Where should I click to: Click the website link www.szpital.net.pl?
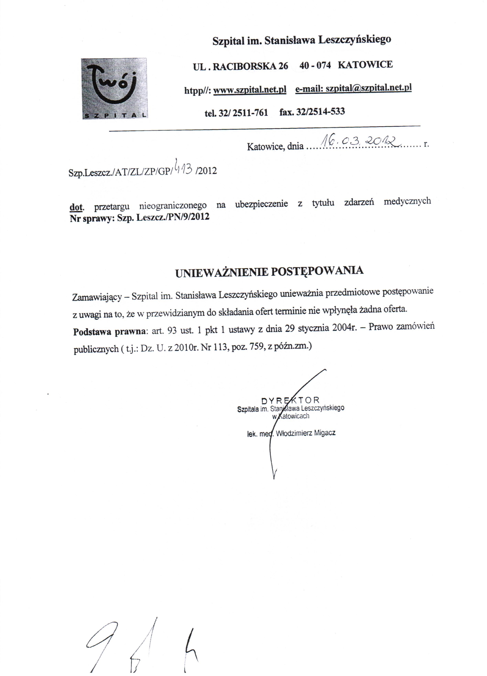click(250, 89)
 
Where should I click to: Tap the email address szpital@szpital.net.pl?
click(369, 88)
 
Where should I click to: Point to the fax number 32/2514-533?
click(321, 112)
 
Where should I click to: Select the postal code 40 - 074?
click(315, 65)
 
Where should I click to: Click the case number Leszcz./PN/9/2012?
click(173, 217)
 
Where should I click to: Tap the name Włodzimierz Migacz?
click(306, 433)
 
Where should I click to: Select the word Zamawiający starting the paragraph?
click(97, 297)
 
